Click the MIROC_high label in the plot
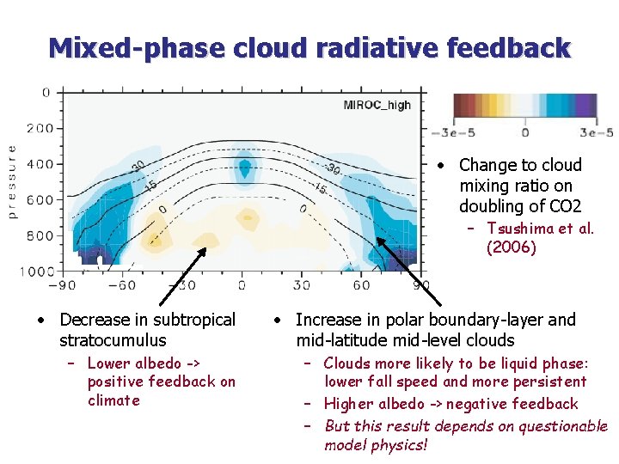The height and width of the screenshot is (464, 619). point(377,105)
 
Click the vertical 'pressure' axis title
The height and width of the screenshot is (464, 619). point(12,180)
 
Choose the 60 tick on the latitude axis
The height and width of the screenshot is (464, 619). point(360,285)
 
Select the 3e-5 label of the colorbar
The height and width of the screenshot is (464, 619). point(598,132)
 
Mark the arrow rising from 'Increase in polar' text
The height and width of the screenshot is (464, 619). point(408,272)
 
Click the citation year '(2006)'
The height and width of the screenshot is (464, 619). point(511,247)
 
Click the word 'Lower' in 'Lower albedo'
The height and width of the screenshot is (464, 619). point(107,363)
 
